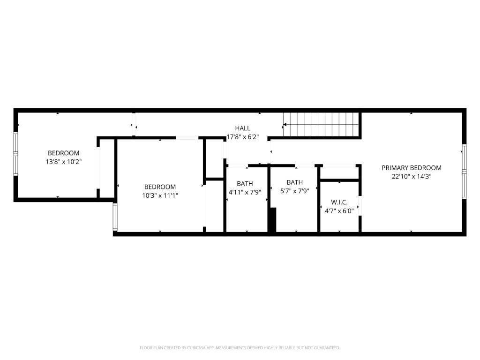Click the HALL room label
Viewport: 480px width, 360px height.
(x=242, y=128)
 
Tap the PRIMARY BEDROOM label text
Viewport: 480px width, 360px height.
(x=412, y=168)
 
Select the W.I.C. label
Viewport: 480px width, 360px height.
(x=339, y=202)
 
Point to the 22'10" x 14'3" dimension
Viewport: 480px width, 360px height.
(x=412, y=176)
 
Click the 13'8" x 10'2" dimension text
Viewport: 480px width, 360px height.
(x=64, y=162)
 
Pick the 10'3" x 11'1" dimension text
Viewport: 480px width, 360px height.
(x=160, y=195)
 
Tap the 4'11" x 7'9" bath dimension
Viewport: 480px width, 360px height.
(x=245, y=192)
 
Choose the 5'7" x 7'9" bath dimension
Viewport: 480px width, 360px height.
(x=295, y=191)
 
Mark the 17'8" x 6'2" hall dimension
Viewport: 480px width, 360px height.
(x=242, y=137)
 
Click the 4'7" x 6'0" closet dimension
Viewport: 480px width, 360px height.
(x=339, y=211)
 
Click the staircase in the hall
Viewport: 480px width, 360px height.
(x=321, y=125)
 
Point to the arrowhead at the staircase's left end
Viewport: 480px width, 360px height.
(x=285, y=125)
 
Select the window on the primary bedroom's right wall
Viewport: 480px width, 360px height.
(x=464, y=172)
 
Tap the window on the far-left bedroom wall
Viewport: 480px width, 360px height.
(x=15, y=154)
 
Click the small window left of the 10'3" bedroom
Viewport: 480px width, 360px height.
(x=115, y=217)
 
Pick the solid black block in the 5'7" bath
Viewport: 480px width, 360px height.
(x=272, y=220)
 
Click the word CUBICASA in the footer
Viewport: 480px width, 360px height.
(x=199, y=348)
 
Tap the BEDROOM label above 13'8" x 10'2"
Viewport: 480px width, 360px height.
(x=64, y=153)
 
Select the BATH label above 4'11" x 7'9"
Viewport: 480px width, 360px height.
(x=245, y=184)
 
